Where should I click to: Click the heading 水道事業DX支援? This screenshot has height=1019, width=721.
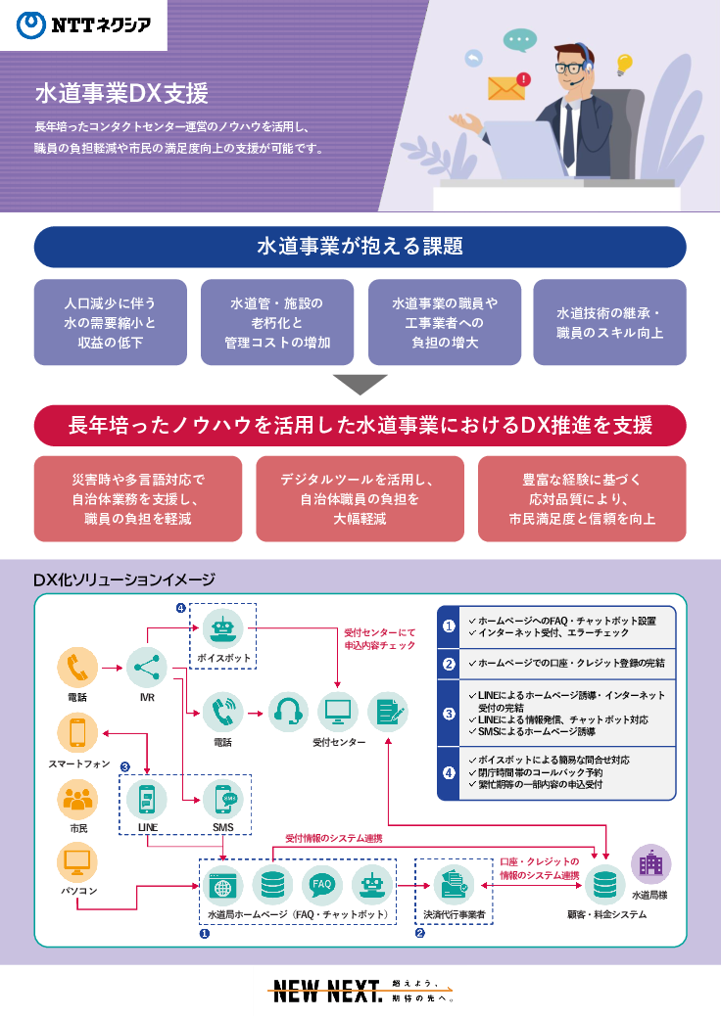[121, 94]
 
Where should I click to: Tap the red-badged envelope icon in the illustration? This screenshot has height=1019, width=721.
[507, 87]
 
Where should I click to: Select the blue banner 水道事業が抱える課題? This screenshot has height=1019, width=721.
[360, 247]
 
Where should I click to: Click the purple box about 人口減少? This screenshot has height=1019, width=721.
[110, 322]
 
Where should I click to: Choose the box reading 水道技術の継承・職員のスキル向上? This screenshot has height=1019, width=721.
[609, 322]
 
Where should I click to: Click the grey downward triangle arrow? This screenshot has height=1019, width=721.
[360, 384]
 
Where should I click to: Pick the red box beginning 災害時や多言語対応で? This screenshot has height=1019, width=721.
[137, 498]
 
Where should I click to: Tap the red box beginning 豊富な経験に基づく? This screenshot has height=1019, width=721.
[582, 498]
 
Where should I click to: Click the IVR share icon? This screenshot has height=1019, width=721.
[146, 668]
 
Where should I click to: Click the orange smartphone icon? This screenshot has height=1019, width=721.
[77, 733]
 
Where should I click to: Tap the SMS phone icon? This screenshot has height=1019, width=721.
[222, 801]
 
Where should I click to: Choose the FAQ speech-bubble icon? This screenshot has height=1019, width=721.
[322, 886]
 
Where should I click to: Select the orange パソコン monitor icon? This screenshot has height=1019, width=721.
[77, 862]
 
